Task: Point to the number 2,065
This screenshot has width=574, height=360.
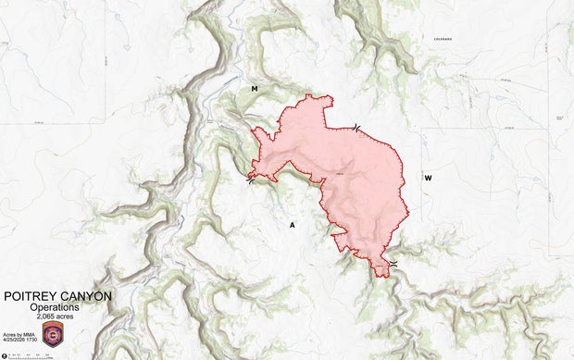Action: point(46,317)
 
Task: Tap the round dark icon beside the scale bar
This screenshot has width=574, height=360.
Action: point(4,354)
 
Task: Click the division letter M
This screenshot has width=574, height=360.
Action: point(254,88)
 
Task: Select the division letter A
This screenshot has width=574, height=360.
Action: point(292,225)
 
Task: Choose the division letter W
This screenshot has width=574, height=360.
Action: point(428,178)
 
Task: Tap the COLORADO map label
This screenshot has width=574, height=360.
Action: point(440,39)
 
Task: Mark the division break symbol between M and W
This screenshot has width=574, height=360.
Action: point(356,128)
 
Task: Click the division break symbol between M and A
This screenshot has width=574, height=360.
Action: point(252,180)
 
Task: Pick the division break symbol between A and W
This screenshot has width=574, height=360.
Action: point(394,266)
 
